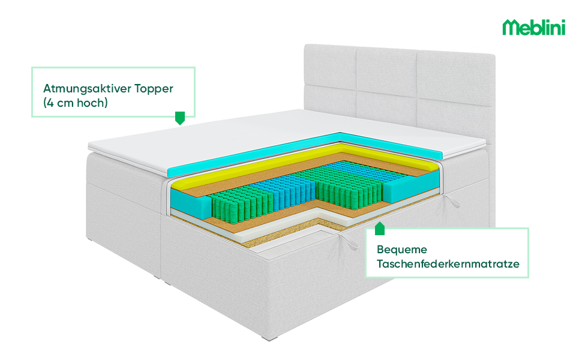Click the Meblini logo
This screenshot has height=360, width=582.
point(533,27)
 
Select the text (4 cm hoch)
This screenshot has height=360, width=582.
point(75,103)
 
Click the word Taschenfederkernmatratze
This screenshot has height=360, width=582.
point(448,264)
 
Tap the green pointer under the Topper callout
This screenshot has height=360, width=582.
point(179,118)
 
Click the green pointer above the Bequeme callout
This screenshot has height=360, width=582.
point(379,229)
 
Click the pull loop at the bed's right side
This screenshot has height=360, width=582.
point(452,202)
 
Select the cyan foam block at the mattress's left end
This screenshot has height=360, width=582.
point(188,200)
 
